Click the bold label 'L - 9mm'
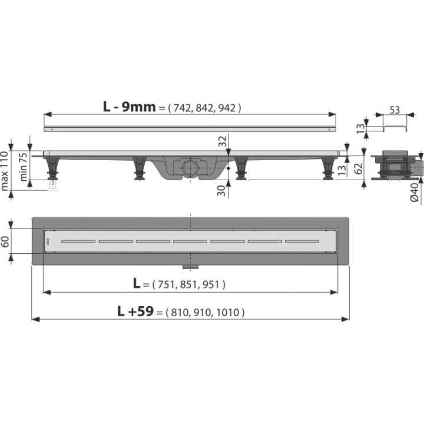pyautogui.click(x=129, y=107)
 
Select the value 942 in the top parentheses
pyautogui.click(x=227, y=108)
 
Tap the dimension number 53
pyautogui.click(x=395, y=110)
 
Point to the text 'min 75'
pyautogui.click(x=24, y=167)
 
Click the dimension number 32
pyautogui.click(x=223, y=141)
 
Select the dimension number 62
pyautogui.click(x=358, y=168)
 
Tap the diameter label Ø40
pyautogui.click(x=415, y=192)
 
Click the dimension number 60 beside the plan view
pyautogui.click(x=5, y=241)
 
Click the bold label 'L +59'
pyautogui.click(x=135, y=312)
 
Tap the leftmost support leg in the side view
pyautogui.click(x=53, y=167)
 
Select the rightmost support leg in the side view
pyautogui.click(x=328, y=168)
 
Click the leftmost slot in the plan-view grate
pyautogui.click(x=78, y=241)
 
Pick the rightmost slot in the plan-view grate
pyautogui.click(x=302, y=241)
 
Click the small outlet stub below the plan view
pyautogui.click(x=190, y=267)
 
